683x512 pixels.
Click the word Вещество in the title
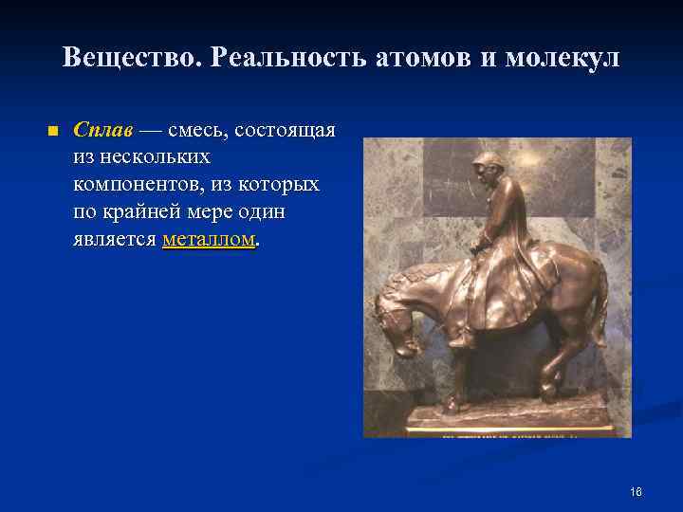click(x=129, y=59)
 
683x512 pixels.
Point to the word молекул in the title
click(x=562, y=59)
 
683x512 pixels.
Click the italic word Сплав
click(x=102, y=129)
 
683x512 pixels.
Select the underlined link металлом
click(x=209, y=239)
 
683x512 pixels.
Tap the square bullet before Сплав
click(x=52, y=130)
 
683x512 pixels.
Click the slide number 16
click(x=636, y=492)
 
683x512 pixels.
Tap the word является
click(x=114, y=239)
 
